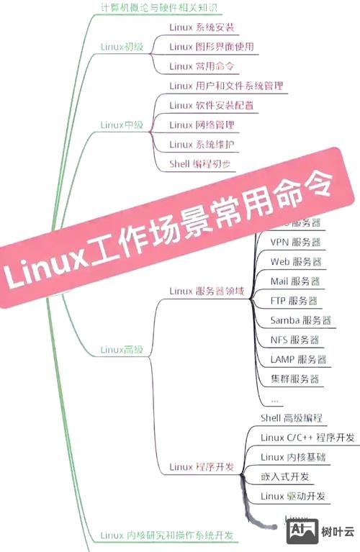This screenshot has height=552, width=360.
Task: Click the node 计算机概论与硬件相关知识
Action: [x=158, y=9]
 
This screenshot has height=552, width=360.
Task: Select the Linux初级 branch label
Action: [x=122, y=47]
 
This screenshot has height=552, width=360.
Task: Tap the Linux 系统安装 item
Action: [x=202, y=28]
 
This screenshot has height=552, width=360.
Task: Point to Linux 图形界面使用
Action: [x=211, y=47]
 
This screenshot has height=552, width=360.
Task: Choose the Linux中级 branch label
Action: [x=122, y=125]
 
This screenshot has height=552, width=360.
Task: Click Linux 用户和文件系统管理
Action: [x=226, y=86]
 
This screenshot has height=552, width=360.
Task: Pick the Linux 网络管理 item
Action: [x=202, y=125]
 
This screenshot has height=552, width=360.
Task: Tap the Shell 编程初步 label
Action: [x=201, y=163]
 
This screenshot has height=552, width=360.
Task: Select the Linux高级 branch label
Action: [x=122, y=350]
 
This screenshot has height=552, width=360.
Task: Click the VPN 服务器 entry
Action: [x=295, y=242]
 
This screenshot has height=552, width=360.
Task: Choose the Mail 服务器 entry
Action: [x=294, y=281]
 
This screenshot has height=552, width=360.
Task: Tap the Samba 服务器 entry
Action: [x=300, y=320]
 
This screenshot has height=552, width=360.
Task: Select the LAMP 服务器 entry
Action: [x=298, y=359]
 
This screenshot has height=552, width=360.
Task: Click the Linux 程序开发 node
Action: [x=202, y=467]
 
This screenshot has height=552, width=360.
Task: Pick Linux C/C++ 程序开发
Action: [x=307, y=438]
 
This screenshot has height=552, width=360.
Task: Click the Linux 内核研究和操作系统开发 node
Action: [x=168, y=535]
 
